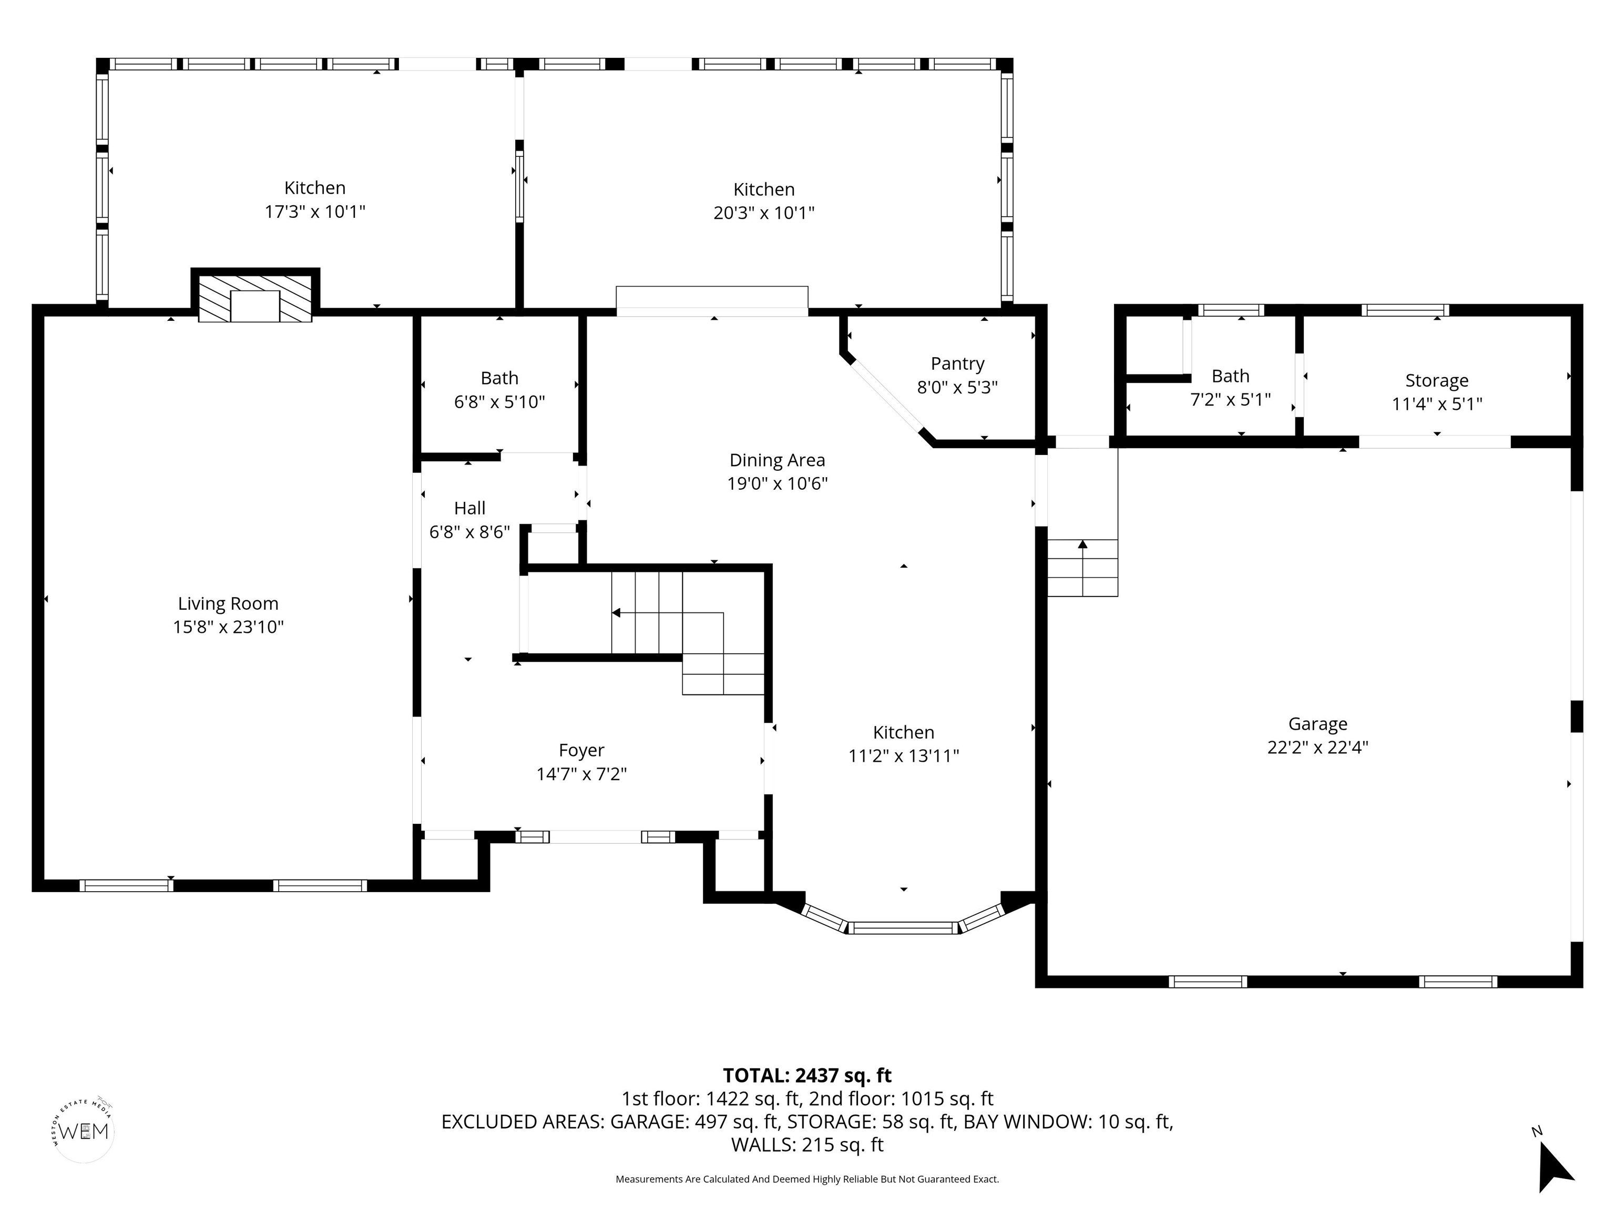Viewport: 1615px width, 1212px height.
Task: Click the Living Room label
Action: tap(228, 603)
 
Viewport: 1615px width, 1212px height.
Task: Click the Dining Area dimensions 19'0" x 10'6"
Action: tap(777, 483)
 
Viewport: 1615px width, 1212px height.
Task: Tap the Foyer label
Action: tap(581, 750)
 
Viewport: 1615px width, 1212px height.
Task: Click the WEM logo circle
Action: tap(84, 1132)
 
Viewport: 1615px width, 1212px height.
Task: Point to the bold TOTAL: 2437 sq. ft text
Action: tap(807, 1075)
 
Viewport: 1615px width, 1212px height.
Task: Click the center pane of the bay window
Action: tap(903, 928)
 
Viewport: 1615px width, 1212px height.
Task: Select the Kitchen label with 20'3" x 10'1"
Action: tap(764, 189)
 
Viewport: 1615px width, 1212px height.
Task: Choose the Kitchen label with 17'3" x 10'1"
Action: tap(315, 188)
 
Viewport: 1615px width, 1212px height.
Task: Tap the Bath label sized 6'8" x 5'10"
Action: tap(499, 378)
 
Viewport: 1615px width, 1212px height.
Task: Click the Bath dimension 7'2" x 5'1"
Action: tap(1230, 400)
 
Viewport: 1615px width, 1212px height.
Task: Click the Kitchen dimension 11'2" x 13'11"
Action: tap(903, 756)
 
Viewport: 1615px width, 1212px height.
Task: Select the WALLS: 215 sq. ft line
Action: tap(807, 1145)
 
